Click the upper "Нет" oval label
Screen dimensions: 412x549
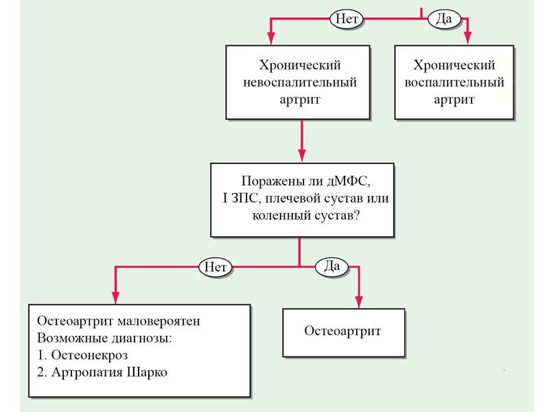point(347,19)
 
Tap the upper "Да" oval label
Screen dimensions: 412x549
point(444,19)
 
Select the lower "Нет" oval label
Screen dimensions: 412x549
point(217,266)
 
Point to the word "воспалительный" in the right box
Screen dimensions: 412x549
point(454,82)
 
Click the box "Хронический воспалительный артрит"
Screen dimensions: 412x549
point(454,82)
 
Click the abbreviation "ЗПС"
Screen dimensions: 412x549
point(243,199)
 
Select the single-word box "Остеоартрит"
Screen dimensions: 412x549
point(342,331)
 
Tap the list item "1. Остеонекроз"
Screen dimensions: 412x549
point(82,355)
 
